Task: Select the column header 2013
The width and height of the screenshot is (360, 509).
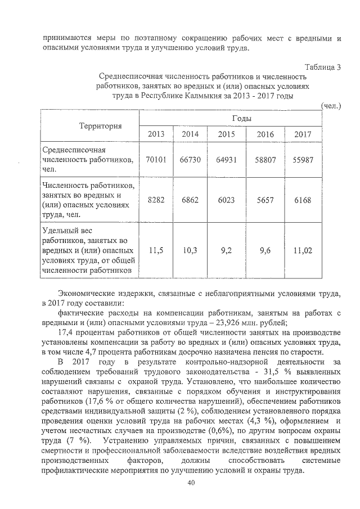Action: pyautogui.click(x=156, y=134)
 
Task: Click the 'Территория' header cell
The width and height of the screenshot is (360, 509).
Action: pyautogui.click(x=89, y=126)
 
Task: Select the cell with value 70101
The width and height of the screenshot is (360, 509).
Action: pyautogui.click(x=156, y=160)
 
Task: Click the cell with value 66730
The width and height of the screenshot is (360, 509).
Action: pyautogui.click(x=190, y=160)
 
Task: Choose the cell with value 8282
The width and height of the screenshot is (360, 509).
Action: pyautogui.click(x=156, y=200)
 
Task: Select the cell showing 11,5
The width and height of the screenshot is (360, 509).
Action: pyautogui.click(x=156, y=251)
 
